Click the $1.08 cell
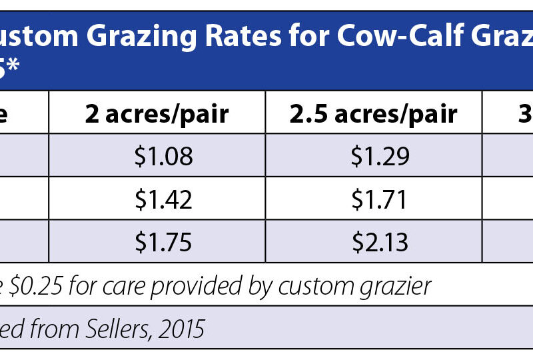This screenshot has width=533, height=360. (163, 156)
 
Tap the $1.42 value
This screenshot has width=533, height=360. (163, 199)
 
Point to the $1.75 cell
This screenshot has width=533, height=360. (163, 241)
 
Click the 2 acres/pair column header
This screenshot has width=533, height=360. (157, 114)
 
